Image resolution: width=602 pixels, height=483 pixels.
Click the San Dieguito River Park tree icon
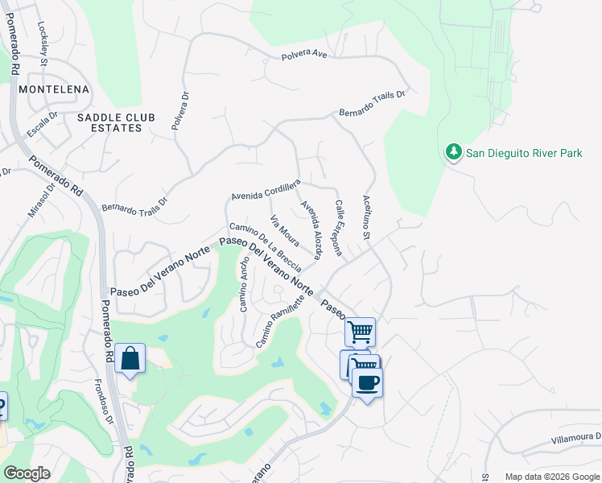pyautogui.click(x=453, y=152)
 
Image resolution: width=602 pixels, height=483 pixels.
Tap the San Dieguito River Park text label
pyautogui.click(x=524, y=153)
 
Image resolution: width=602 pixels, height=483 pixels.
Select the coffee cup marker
pyautogui.click(x=367, y=382)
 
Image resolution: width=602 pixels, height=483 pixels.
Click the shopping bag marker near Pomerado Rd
pyautogui.click(x=130, y=359)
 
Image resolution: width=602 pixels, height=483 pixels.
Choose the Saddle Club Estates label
pyautogui.click(x=116, y=122)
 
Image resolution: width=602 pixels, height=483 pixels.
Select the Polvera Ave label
pyautogui.click(x=303, y=56)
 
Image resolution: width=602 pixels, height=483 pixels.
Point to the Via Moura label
pyautogui.click(x=284, y=231)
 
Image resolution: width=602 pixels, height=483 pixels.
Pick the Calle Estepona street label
pyautogui.click(x=339, y=229)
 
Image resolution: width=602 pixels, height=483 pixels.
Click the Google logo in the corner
pyautogui.click(x=27, y=473)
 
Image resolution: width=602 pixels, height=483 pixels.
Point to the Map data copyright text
pyautogui.click(x=551, y=477)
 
